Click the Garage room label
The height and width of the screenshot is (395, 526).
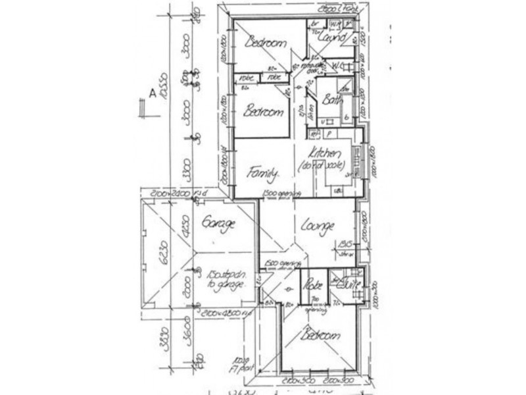219,224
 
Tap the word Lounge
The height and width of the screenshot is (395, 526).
318,226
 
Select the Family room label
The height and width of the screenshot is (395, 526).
262,173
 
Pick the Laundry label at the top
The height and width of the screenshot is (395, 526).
331,38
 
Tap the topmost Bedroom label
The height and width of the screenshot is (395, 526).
265,43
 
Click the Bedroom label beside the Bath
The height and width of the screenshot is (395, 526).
263,113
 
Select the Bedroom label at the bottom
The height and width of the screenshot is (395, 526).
321,336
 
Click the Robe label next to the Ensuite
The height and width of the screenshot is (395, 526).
310,286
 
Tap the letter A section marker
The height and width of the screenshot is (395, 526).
152,93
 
